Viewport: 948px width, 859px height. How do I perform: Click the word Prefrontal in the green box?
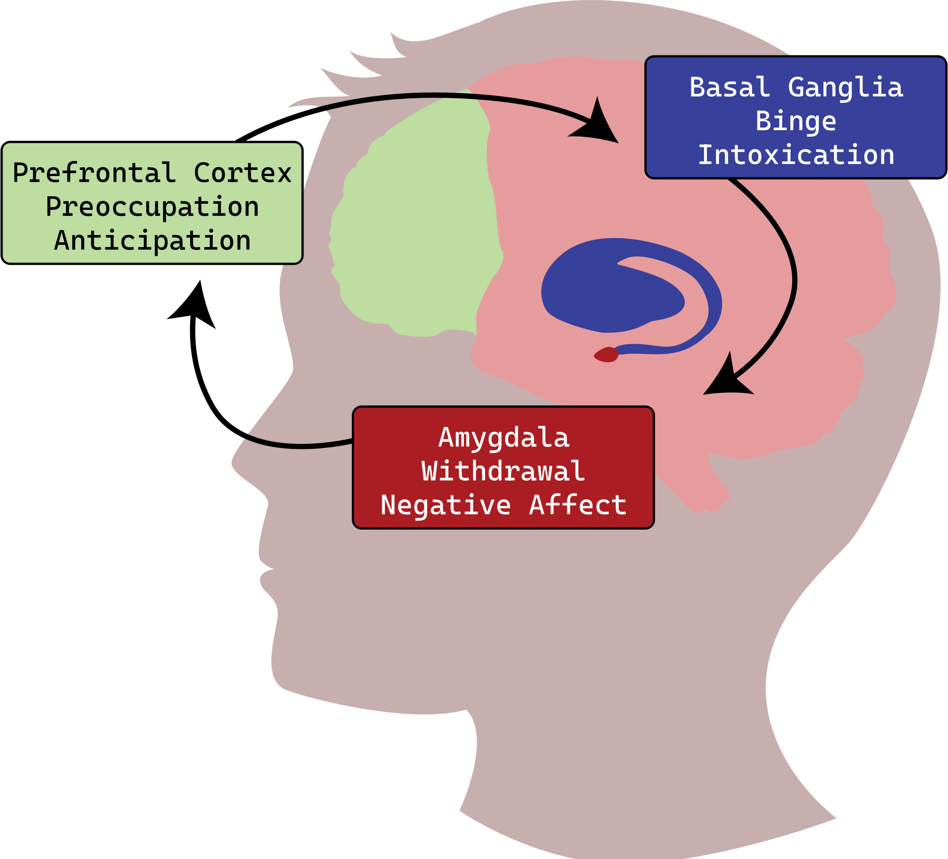tap(94, 173)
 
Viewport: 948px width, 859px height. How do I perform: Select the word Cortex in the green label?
tap(243, 173)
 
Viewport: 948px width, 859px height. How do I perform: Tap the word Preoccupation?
tap(152, 207)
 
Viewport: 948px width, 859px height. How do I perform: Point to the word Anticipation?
tap(152, 240)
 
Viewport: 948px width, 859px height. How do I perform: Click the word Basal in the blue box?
tap(729, 87)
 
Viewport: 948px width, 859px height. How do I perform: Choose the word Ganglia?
tap(845, 87)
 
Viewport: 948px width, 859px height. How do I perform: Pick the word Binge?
tap(796, 121)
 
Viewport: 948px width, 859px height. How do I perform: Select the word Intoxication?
tap(796, 154)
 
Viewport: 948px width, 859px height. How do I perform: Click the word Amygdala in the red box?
tap(504, 437)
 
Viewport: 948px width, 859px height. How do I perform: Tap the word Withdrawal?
tap(503, 471)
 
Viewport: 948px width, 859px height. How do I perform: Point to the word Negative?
tap(446, 505)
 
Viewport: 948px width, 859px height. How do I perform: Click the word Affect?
tap(577, 505)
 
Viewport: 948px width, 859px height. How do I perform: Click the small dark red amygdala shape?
tap(607, 355)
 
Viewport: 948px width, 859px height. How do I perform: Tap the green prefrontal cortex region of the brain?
tap(419, 227)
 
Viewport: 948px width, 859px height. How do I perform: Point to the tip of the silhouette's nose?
tap(233, 462)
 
